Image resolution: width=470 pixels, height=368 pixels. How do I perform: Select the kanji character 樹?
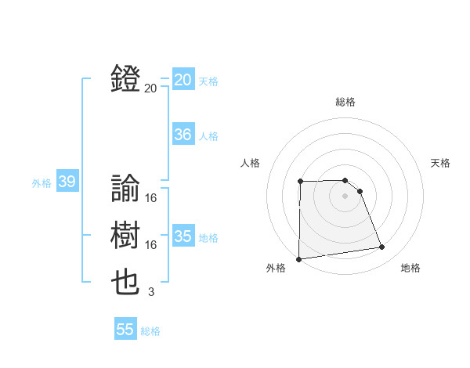[x=126, y=235]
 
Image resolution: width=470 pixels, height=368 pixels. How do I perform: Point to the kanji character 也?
[x=126, y=283]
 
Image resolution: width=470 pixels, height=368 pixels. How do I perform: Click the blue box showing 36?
[x=183, y=135]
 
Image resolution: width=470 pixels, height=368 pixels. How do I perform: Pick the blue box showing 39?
[x=66, y=182]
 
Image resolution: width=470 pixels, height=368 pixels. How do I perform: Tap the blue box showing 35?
[x=183, y=236]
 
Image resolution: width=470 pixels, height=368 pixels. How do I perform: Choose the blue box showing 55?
[x=125, y=330]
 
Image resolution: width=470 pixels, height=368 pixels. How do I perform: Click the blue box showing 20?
[x=183, y=80]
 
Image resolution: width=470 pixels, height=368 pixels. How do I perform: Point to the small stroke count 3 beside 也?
[x=151, y=292]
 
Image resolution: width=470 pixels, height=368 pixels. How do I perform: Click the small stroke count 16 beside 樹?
[x=151, y=245]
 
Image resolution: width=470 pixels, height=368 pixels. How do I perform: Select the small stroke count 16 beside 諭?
[x=151, y=198]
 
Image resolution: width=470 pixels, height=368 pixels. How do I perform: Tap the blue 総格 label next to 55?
[x=150, y=331]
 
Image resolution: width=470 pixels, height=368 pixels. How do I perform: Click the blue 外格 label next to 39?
[x=42, y=183]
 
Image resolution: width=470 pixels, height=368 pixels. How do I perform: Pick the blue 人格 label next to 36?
[x=208, y=136]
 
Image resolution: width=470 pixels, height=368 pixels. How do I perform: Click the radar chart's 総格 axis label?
[x=345, y=102]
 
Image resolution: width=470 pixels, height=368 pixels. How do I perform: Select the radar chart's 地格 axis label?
[x=410, y=268]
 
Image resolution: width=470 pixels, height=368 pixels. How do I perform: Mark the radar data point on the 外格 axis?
[x=298, y=259]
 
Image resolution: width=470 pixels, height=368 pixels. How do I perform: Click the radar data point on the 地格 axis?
[x=382, y=247]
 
